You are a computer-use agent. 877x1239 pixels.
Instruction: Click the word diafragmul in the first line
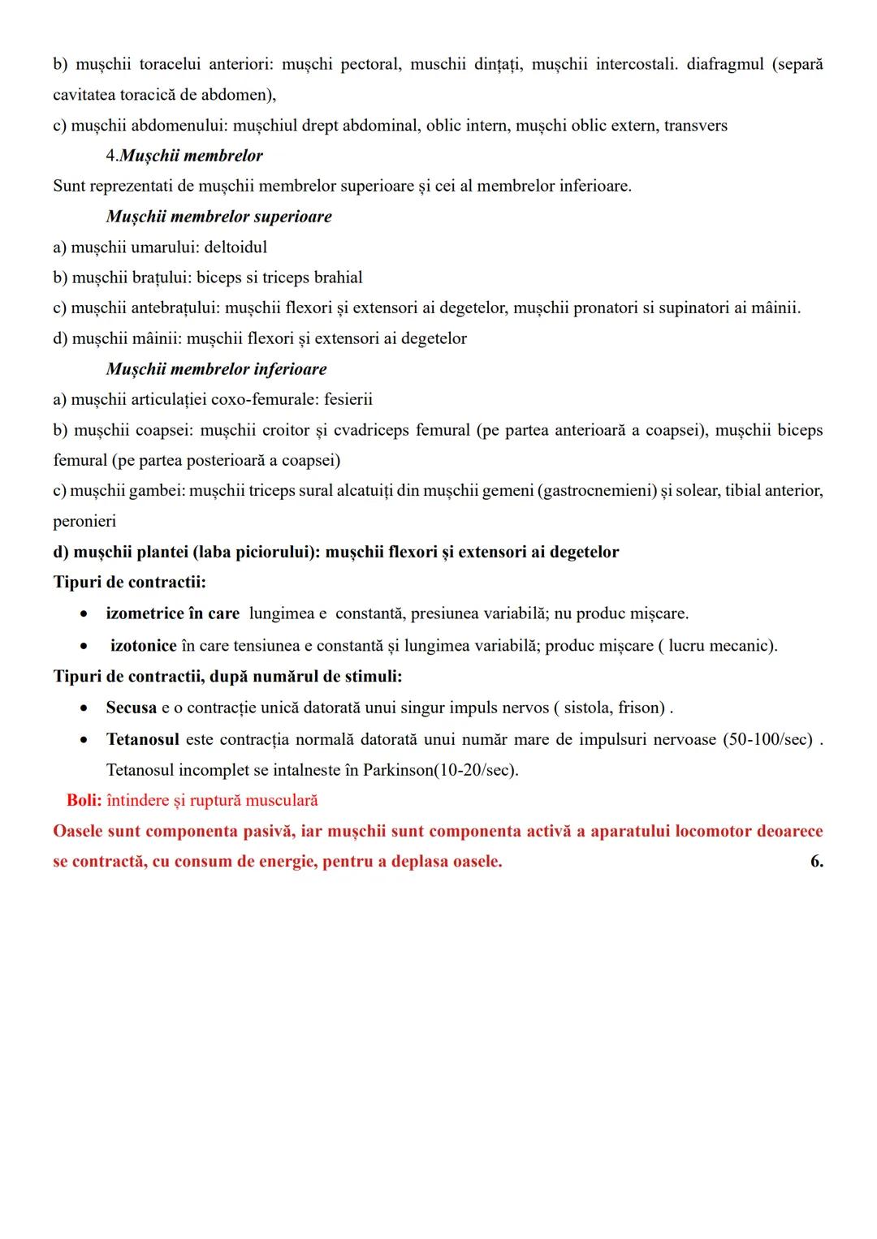point(725,64)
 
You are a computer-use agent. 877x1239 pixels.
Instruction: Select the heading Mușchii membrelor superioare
point(218,217)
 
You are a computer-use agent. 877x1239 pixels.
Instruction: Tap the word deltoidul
point(235,247)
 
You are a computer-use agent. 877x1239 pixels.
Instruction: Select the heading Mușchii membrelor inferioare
point(216,369)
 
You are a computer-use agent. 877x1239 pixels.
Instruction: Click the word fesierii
point(348,399)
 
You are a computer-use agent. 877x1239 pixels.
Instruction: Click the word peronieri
point(84,521)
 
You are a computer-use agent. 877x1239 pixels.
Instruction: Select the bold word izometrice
point(145,613)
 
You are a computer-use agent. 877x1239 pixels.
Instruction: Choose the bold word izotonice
point(144,646)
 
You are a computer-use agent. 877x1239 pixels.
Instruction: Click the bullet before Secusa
point(84,708)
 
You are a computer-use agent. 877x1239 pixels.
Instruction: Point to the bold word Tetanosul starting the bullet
point(142,740)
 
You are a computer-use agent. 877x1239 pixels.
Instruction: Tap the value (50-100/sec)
point(767,740)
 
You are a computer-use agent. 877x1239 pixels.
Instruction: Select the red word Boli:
point(84,801)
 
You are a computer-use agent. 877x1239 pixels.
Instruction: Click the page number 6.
point(816,862)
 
